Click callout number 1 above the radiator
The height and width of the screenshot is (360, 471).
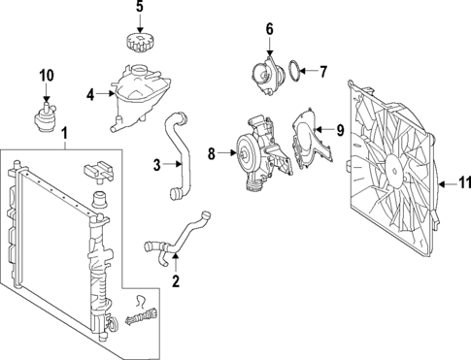click(x=65, y=133)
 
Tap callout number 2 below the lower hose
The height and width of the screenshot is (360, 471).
click(x=176, y=282)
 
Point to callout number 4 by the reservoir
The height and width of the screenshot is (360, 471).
click(x=89, y=95)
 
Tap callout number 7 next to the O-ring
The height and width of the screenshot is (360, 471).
click(x=325, y=70)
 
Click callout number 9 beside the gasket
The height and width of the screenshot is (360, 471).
click(x=340, y=129)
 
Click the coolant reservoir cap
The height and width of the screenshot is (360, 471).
click(x=139, y=45)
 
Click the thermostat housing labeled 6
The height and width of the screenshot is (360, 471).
click(x=262, y=75)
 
